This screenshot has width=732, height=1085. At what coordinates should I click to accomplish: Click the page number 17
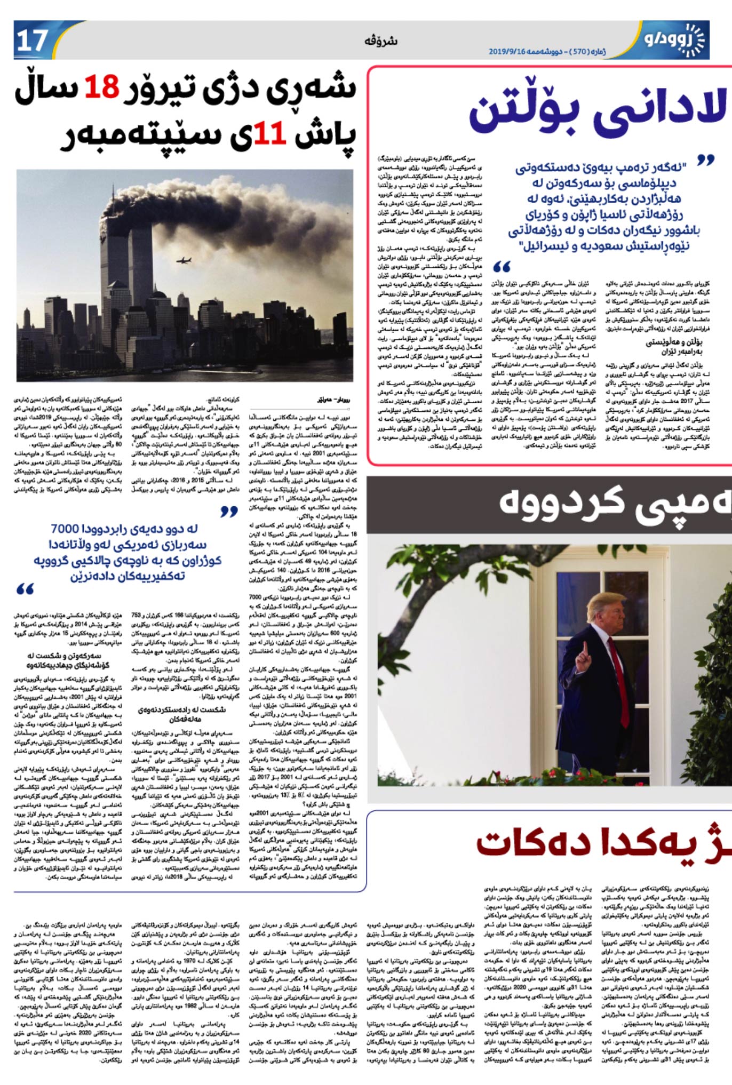[x=33, y=41]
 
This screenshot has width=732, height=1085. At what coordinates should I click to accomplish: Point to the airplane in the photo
[x=184, y=261]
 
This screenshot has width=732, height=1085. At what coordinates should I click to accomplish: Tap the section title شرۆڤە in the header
[x=380, y=41]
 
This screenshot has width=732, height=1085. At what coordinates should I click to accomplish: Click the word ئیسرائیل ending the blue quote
[x=545, y=246]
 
